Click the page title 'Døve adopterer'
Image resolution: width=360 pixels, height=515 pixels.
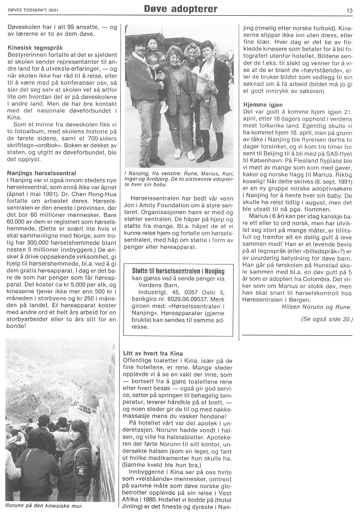[180, 9]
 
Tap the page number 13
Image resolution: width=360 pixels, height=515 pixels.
[349, 10]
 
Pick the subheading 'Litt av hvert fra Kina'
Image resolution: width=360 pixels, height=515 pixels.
[153, 353]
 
